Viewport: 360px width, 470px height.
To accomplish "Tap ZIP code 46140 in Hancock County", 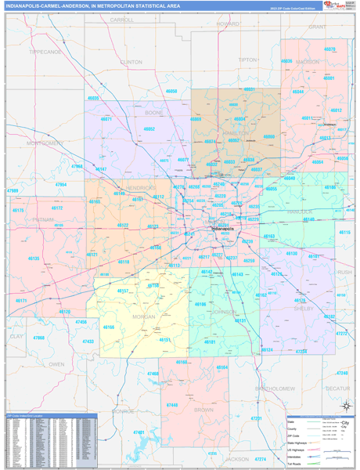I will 310,219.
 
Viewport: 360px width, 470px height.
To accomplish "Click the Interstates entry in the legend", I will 301,450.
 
